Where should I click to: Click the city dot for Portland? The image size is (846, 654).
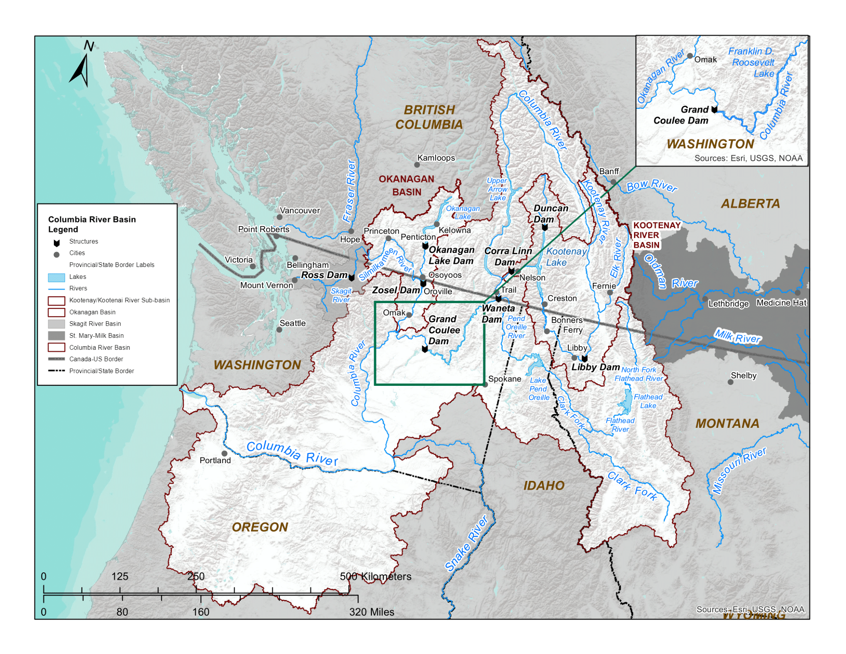pos(224,453)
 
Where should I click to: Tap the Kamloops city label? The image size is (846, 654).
pos(436,158)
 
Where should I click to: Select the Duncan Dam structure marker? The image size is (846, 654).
pos(545,227)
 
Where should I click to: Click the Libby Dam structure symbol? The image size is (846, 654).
pos(584,358)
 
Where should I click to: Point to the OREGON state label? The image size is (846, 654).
pos(260,527)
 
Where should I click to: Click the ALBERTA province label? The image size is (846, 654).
pos(750,204)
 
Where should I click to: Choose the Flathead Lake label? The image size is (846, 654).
pos(648,401)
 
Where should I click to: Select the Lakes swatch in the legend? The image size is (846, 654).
pos(56,277)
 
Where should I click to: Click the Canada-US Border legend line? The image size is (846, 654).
pos(56,359)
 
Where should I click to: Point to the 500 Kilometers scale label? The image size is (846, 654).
pos(375,576)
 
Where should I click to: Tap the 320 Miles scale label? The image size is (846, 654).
pos(372,612)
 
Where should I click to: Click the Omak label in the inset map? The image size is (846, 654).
pos(705,59)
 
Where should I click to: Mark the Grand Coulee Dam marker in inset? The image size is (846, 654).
pos(714,109)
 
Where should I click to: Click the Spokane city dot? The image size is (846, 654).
pos(485,384)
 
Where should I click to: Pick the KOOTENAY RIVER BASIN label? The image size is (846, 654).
pos(656,235)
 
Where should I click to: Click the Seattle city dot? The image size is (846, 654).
pos(279,330)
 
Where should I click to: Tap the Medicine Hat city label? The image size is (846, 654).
pos(781,303)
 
